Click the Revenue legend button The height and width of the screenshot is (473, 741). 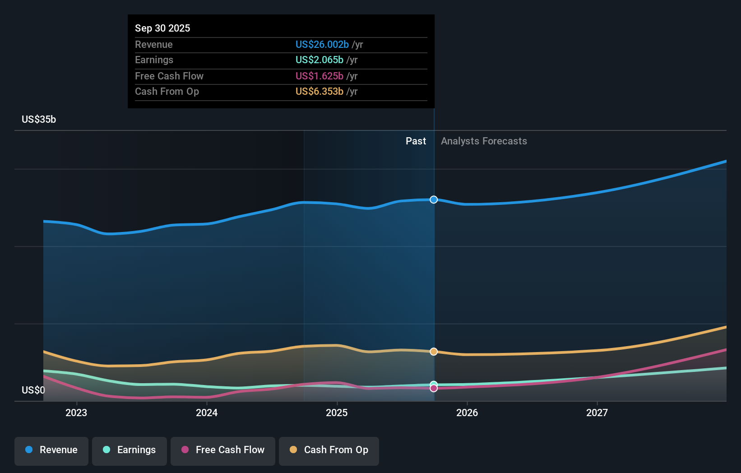51,450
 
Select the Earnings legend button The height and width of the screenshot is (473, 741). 130,450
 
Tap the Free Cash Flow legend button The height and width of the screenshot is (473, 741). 223,450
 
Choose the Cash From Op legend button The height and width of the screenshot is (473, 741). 329,450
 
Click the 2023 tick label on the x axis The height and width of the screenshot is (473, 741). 76,413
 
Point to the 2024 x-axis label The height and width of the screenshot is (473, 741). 207,413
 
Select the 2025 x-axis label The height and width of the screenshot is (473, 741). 337,413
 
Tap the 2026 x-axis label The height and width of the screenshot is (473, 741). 467,413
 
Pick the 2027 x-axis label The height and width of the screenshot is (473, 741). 597,413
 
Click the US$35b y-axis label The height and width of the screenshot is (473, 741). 39,119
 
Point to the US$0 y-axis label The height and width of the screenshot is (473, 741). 33,390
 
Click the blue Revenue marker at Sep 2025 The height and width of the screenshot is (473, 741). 434,199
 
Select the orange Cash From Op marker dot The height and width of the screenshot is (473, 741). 434,352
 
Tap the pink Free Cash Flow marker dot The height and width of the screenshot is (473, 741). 434,388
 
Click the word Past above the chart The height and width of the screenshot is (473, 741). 416,141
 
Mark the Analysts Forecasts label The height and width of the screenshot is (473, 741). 484,141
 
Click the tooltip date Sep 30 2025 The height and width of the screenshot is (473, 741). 162,28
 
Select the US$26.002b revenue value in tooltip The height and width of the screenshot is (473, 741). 322,44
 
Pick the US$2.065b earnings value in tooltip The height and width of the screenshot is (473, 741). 319,60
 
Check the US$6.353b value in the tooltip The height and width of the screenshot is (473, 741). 319,91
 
